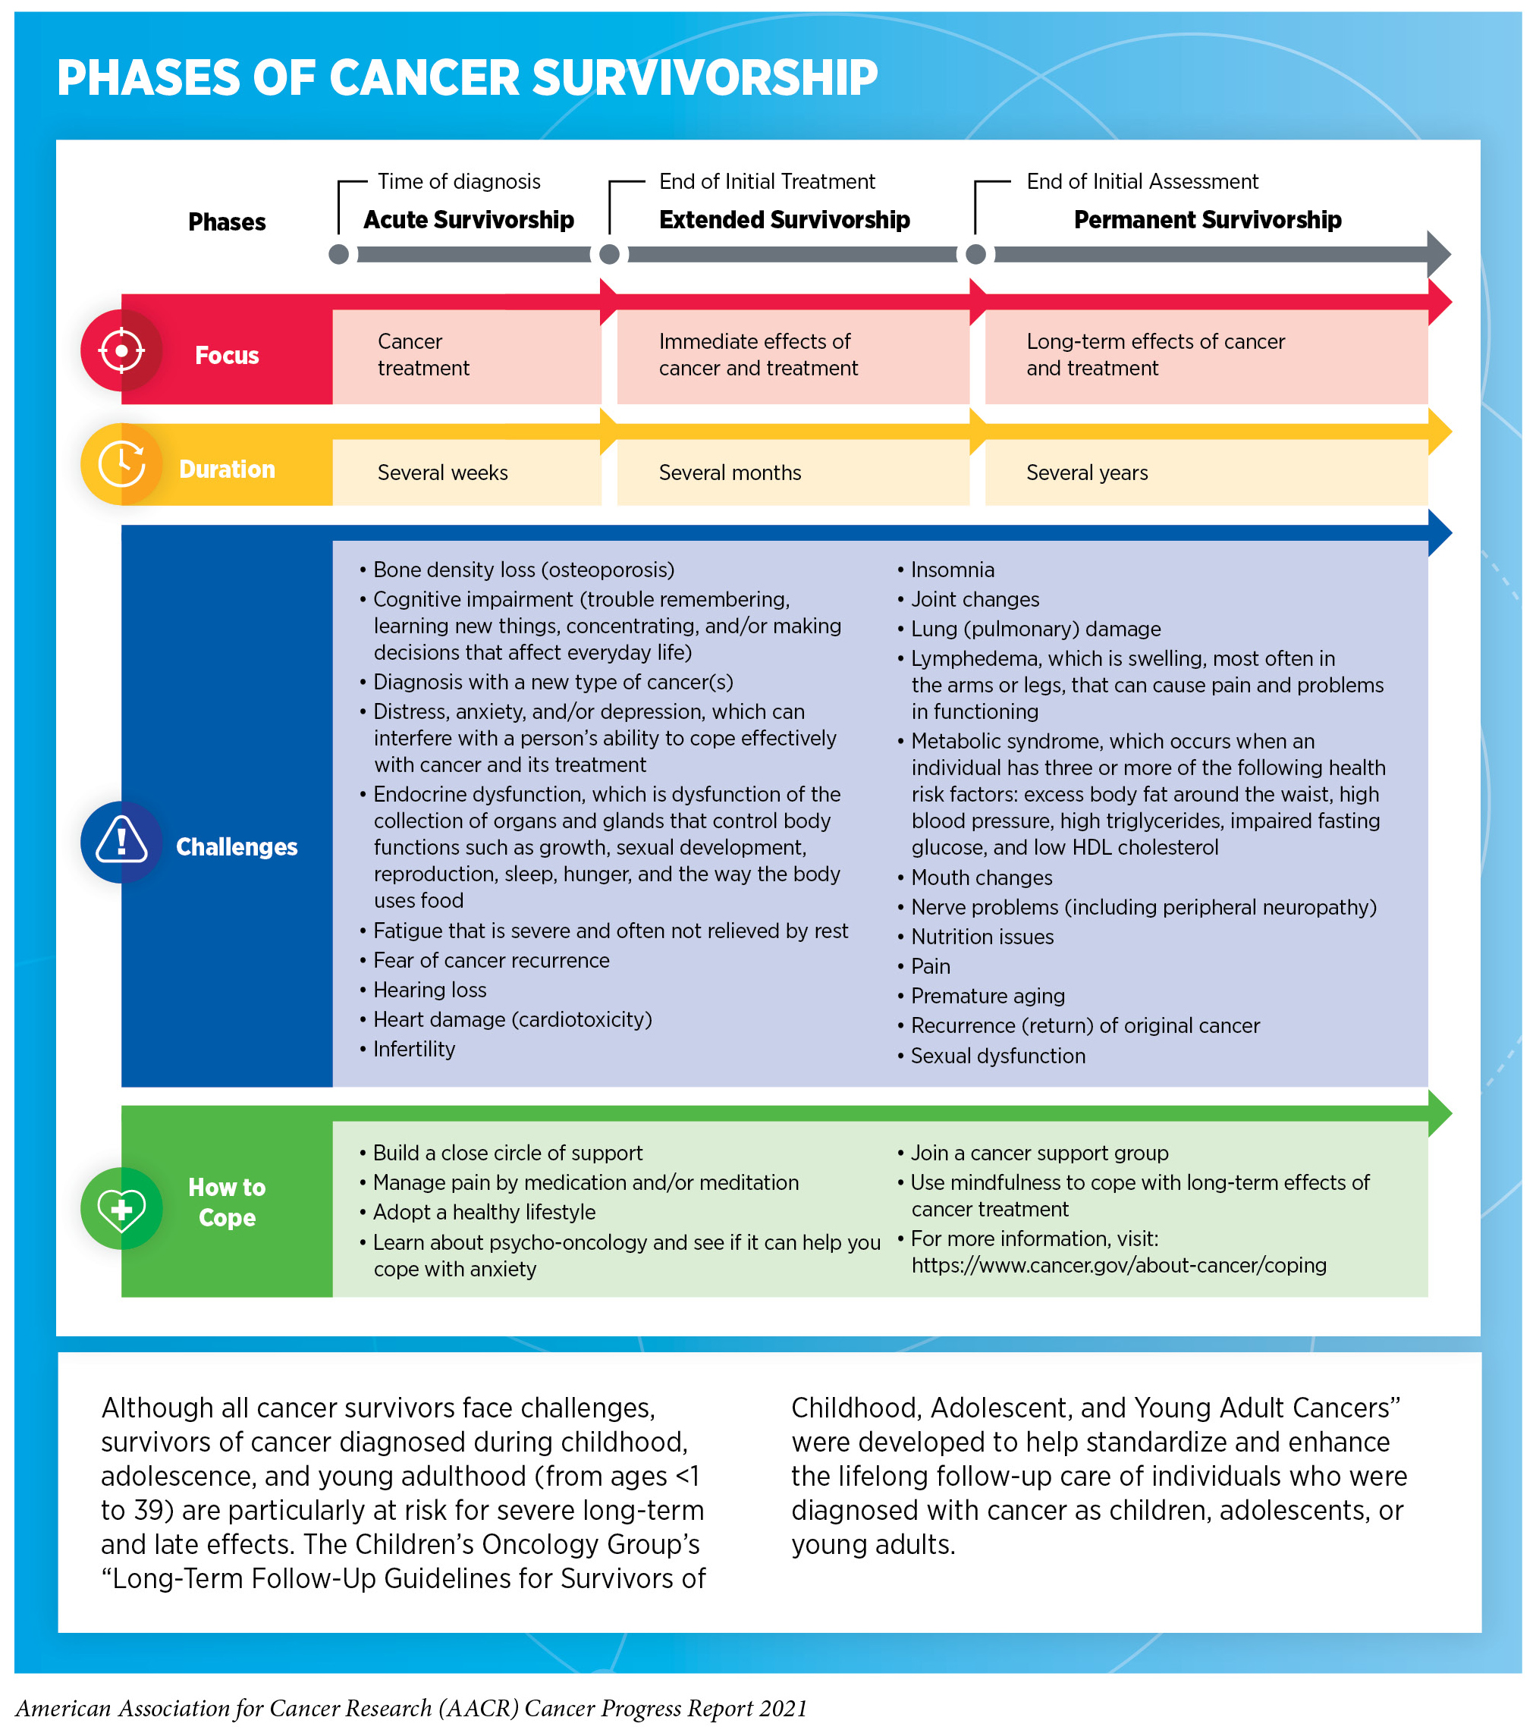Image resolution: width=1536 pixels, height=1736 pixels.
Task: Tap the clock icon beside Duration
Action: click(121, 465)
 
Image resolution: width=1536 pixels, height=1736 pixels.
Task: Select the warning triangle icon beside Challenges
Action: click(121, 842)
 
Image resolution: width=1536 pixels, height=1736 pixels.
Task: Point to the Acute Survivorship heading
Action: click(468, 220)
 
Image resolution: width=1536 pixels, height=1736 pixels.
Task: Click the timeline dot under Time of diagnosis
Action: click(338, 254)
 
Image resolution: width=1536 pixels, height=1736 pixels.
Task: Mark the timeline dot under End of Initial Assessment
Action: click(975, 254)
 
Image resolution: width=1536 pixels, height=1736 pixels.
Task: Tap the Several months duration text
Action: click(729, 473)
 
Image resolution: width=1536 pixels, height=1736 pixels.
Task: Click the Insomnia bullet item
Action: click(951, 570)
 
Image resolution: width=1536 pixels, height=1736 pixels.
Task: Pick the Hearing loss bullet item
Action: click(429, 990)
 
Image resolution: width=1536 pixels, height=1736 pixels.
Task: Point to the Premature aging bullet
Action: click(987, 997)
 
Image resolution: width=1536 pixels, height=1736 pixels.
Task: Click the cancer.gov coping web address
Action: click(1118, 1266)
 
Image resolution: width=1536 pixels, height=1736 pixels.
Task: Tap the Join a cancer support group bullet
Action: click(1038, 1154)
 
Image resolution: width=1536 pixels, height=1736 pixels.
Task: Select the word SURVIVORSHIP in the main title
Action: click(704, 78)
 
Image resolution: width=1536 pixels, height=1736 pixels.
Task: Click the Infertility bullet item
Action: click(413, 1050)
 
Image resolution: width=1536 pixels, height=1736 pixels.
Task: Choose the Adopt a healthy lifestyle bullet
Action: click(483, 1212)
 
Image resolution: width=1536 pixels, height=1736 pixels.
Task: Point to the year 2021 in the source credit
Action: click(784, 1708)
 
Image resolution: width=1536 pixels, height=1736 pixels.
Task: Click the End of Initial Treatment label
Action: click(766, 182)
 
